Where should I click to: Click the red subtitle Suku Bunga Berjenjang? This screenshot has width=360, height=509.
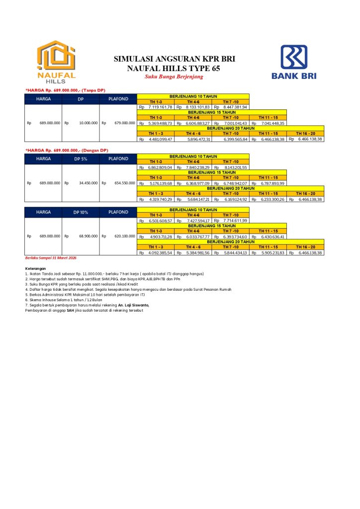pyautogui.click(x=175, y=77)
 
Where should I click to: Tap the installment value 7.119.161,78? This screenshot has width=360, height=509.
pyautogui.click(x=160, y=107)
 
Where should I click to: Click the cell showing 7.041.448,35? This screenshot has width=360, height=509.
pyautogui.click(x=272, y=123)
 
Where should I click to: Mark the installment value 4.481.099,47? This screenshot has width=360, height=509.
pyautogui.click(x=160, y=139)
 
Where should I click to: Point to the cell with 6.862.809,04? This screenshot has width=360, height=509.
pyautogui.click(x=160, y=168)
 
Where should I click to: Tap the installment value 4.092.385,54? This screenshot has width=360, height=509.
pyautogui.click(x=160, y=253)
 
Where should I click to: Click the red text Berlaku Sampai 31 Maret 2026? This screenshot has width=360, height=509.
pyautogui.click(x=51, y=258)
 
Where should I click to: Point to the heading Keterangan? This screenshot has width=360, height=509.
pyautogui.click(x=35, y=269)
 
